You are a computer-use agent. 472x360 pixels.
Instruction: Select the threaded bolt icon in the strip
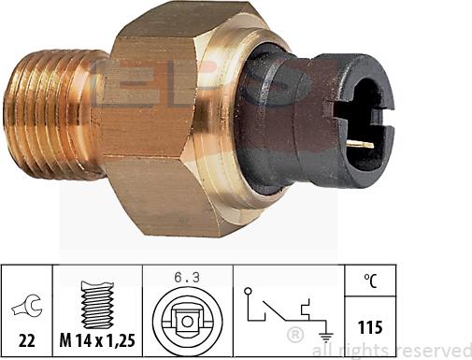(x=97, y=297)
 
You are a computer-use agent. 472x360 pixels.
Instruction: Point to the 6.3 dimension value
(x=186, y=276)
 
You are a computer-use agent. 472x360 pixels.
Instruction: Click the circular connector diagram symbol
(x=187, y=320)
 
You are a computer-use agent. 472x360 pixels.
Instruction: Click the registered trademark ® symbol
(x=294, y=332)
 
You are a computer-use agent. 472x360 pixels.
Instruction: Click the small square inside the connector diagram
(x=187, y=322)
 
